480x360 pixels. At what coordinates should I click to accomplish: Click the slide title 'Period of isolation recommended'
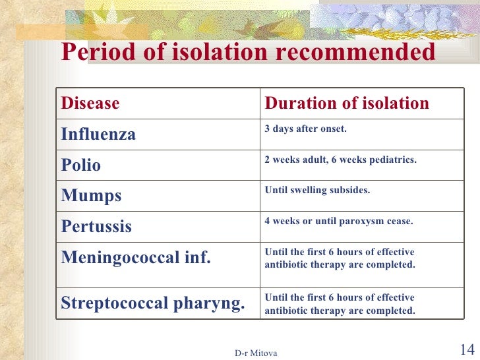[x=248, y=53]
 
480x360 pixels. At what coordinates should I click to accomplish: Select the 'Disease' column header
[x=90, y=104]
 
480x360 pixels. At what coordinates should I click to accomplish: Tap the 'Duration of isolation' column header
[x=347, y=104]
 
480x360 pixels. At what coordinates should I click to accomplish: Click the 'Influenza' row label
[x=98, y=135]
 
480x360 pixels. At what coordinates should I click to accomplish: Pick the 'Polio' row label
[x=81, y=165]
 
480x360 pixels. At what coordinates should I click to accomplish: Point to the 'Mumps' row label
[x=91, y=196]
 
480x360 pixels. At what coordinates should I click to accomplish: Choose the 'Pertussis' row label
[x=96, y=227]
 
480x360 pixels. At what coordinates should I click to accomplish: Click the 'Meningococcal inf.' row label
[x=136, y=258]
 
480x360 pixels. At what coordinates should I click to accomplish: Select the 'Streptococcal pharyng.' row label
[x=153, y=304]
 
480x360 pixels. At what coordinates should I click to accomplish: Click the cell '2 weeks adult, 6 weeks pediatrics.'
[x=340, y=160]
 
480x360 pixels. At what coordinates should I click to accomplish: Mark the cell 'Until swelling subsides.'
[x=317, y=191]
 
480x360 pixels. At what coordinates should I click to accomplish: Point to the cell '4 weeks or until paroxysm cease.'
[x=339, y=222]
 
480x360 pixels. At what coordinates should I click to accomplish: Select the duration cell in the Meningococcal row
[x=340, y=258]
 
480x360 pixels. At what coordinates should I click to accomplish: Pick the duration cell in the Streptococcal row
[x=340, y=304]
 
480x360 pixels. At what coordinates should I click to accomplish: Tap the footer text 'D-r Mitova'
[x=256, y=353]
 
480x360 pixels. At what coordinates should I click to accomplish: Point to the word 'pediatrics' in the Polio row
[x=394, y=160]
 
